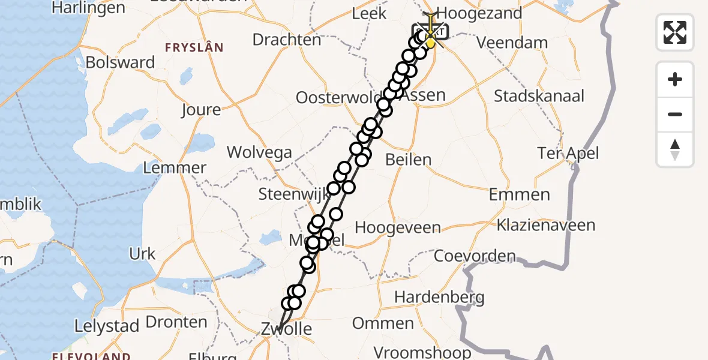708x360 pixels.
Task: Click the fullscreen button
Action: click(675, 32)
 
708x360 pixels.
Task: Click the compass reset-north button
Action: click(675, 149)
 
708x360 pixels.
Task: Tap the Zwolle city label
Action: click(286, 328)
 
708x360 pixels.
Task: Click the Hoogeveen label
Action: click(398, 228)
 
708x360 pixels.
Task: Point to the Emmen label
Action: click(519, 194)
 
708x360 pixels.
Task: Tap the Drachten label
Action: click(287, 40)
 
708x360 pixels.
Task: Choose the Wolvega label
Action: click(259, 152)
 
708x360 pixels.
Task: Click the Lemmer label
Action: click(175, 168)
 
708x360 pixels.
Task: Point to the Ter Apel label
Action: click(568, 153)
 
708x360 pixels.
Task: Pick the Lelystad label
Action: click(107, 326)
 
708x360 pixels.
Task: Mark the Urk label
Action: click(142, 254)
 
